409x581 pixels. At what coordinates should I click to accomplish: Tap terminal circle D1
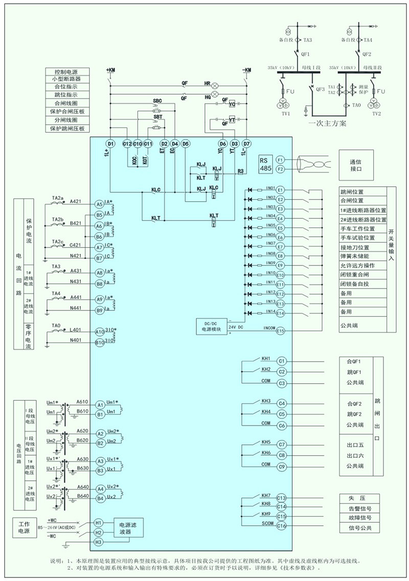pyautogui.click(x=110, y=144)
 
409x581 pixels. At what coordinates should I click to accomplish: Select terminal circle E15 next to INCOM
pyautogui.click(x=280, y=331)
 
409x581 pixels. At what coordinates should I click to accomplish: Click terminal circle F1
pyautogui.click(x=280, y=160)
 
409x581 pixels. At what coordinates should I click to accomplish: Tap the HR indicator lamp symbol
pyautogui.click(x=216, y=83)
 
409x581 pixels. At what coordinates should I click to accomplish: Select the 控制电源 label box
pyautogui.click(x=69, y=72)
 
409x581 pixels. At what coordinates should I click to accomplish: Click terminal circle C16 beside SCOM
pyautogui.click(x=281, y=526)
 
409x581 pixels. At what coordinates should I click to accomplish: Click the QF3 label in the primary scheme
pyautogui.click(x=321, y=90)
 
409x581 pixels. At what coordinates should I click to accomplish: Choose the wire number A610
pyautogui.click(x=82, y=402)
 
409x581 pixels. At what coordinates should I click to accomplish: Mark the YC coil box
pyautogui.click(x=232, y=104)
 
